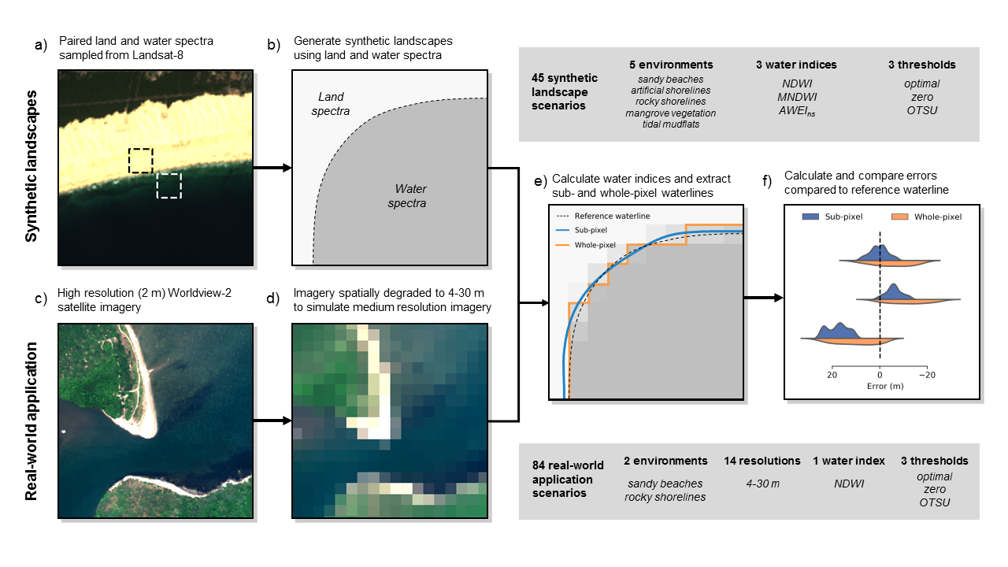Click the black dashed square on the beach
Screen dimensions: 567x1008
coord(141,160)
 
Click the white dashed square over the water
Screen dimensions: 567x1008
coord(169,186)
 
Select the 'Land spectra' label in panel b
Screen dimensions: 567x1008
coord(331,104)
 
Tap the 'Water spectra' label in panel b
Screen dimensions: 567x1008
coord(410,196)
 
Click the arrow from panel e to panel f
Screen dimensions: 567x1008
coord(763,298)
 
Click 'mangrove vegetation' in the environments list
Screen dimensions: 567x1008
coord(671,113)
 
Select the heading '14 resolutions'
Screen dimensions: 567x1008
coord(762,461)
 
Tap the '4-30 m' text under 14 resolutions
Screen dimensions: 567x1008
coord(762,483)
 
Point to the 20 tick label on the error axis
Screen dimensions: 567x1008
coord(832,375)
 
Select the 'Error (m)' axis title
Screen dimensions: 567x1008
coord(879,386)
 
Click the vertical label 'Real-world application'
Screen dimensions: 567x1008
coord(32,421)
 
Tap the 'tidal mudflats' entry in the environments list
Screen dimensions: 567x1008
coord(671,124)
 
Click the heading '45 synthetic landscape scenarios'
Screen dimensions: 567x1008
coord(565,91)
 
